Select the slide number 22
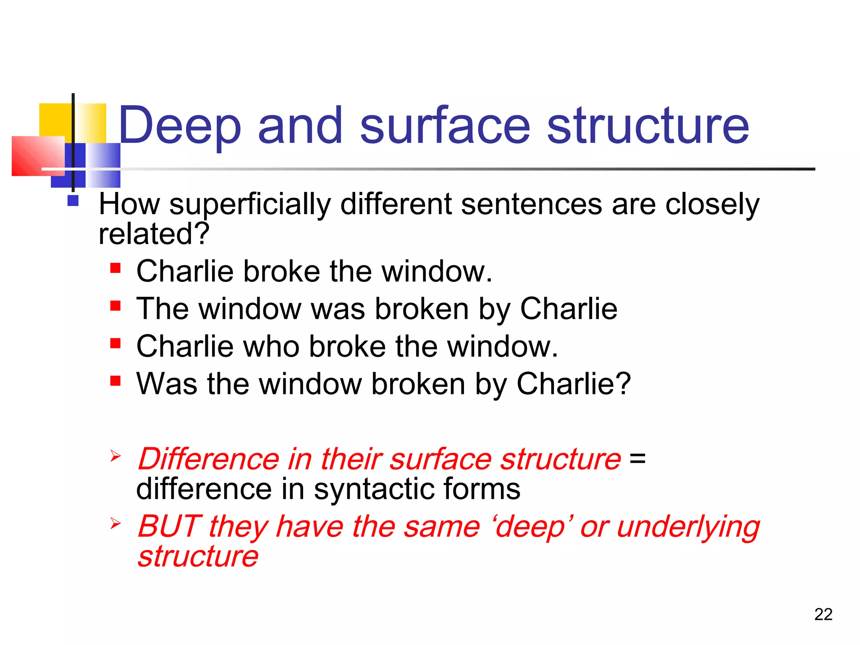[x=823, y=614]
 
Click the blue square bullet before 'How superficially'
[x=73, y=201]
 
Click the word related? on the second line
[x=154, y=234]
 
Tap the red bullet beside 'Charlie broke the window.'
[x=115, y=268]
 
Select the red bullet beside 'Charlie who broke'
[x=115, y=343]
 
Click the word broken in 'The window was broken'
[x=422, y=309]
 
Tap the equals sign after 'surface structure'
[x=637, y=458]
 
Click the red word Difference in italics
[x=209, y=459]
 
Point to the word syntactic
[x=373, y=489]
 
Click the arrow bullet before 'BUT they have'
[x=115, y=523]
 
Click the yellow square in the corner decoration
[x=55, y=120]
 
